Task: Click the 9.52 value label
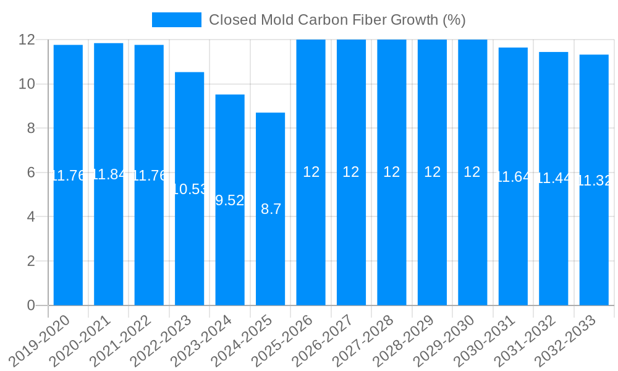point(230,200)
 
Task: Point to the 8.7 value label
point(271,209)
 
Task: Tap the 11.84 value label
point(109,174)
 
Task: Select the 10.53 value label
point(189,189)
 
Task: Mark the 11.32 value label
point(594,181)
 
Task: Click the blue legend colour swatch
point(176,20)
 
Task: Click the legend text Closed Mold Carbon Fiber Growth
point(337,20)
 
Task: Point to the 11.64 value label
point(513,177)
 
